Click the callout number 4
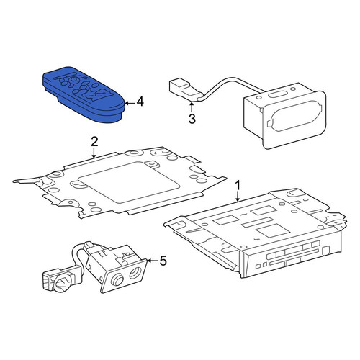pyautogui.click(x=140, y=102)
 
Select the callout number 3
pyautogui.click(x=192, y=119)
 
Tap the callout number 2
pyautogui.click(x=94, y=142)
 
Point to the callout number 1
pyautogui.click(x=238, y=186)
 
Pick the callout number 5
pyautogui.click(x=163, y=261)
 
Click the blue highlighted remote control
pyautogui.click(x=84, y=94)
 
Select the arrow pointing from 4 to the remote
pyautogui.click(x=130, y=103)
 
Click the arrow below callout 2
pyautogui.click(x=94, y=153)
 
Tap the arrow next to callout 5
pyautogui.click(x=152, y=261)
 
